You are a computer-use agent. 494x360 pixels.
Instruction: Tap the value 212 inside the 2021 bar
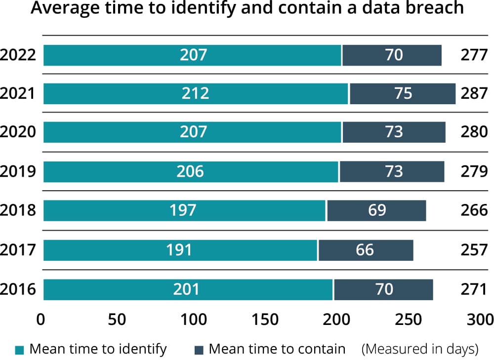click(196, 93)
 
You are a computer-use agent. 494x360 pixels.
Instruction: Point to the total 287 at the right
click(474, 93)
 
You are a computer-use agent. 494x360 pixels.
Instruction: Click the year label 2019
click(18, 171)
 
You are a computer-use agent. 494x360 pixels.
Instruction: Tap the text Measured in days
click(420, 349)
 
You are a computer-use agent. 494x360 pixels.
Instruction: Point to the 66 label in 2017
click(365, 250)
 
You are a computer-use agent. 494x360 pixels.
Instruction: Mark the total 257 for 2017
click(474, 250)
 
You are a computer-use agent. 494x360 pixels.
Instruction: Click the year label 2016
click(18, 289)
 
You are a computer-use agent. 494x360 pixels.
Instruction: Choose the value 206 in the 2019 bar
click(190, 171)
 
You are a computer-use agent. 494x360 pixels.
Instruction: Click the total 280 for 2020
click(474, 132)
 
